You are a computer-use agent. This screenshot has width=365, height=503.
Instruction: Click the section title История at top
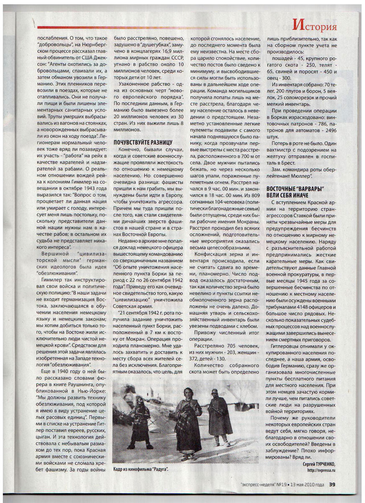pos(315,26)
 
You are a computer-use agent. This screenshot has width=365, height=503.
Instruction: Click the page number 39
pos(332,485)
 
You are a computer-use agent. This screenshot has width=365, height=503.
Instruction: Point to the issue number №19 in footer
pos(279,485)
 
